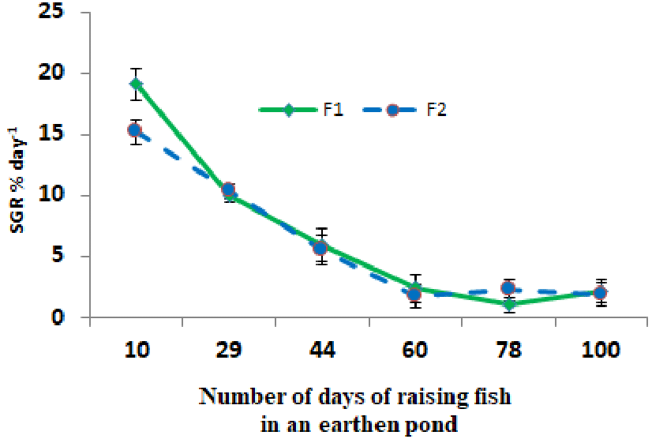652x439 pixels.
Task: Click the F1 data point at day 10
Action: pyautogui.click(x=136, y=84)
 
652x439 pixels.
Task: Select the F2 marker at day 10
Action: pyautogui.click(x=136, y=130)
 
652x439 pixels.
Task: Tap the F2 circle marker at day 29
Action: pyautogui.click(x=228, y=189)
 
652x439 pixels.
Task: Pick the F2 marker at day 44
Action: pyautogui.click(x=320, y=248)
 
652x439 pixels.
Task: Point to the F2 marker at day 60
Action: pyautogui.click(x=414, y=294)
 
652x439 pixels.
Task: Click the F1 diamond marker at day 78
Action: pyautogui.click(x=509, y=304)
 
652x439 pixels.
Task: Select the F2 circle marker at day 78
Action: pyautogui.click(x=509, y=288)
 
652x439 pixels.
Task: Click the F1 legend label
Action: pyautogui.click(x=332, y=110)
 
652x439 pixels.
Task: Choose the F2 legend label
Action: pyautogui.click(x=437, y=110)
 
